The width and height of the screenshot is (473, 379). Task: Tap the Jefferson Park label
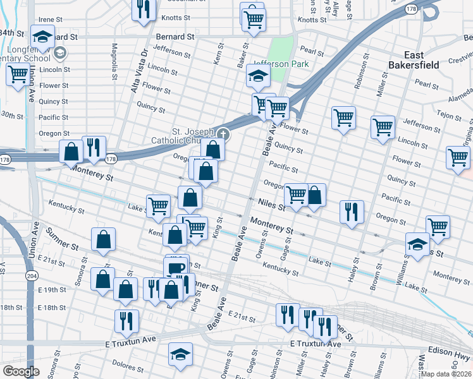[280, 64]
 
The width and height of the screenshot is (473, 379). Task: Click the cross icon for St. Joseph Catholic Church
[223, 134]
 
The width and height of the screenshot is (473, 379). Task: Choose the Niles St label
[272, 203]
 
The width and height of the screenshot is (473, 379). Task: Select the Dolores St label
[135, 364]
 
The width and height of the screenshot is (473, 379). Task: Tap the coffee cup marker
[177, 267]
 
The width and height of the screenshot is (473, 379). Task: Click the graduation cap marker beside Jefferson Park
[258, 76]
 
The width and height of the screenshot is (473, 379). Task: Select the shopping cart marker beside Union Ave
[17, 74]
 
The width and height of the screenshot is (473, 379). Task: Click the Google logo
[21, 371]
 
